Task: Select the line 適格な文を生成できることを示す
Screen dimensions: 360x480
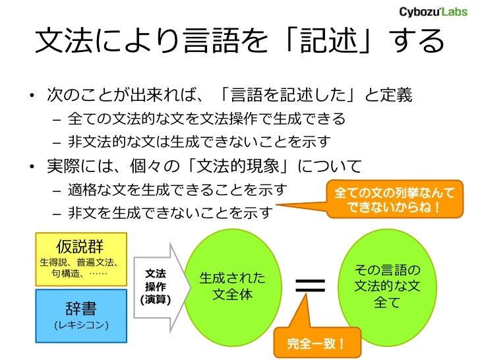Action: click(177, 191)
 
